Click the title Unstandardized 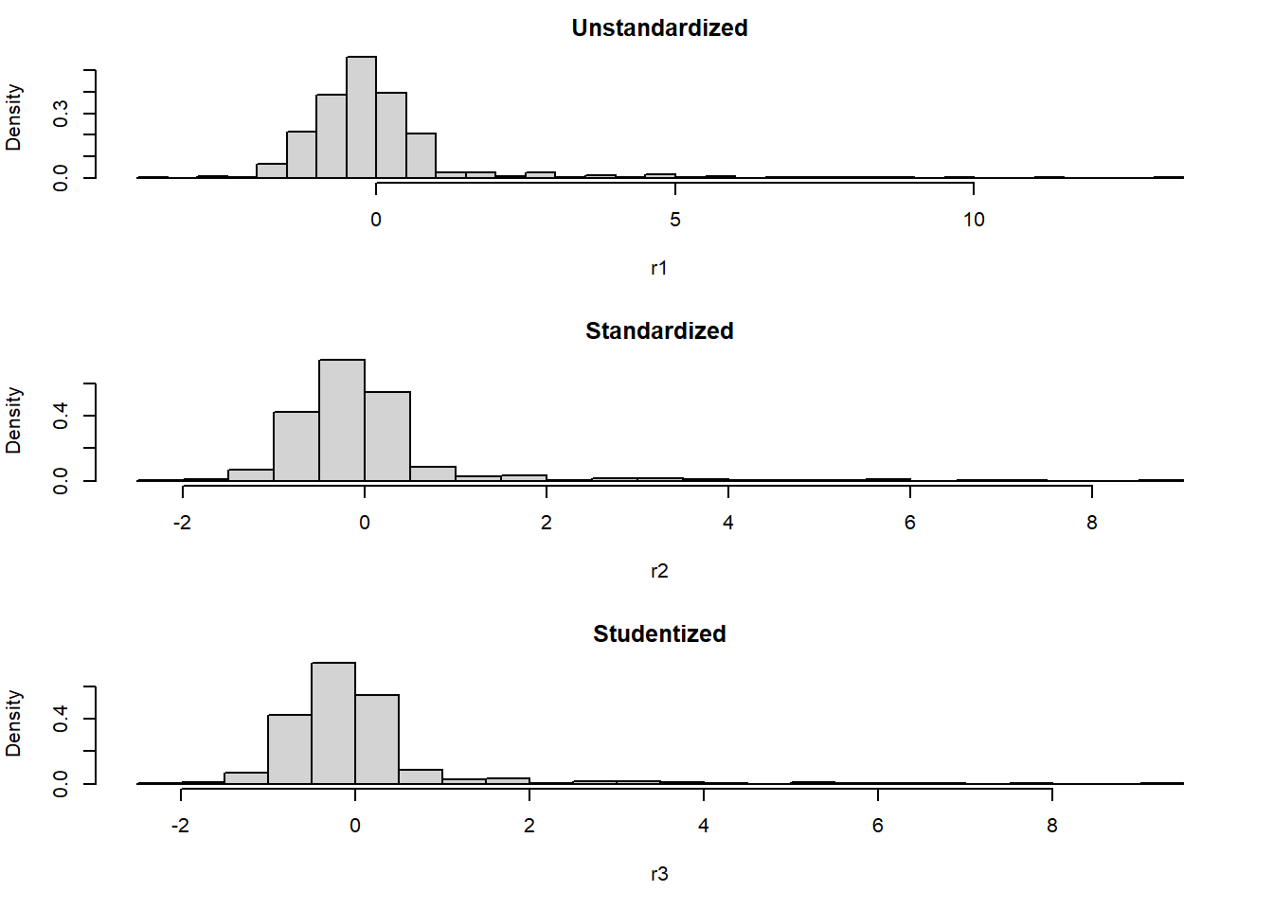[659, 28]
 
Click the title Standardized [659, 331]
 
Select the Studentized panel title [659, 634]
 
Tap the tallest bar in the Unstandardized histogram [361, 118]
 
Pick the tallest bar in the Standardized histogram [342, 421]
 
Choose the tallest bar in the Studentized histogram [333, 724]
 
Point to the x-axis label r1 [659, 268]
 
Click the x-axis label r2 [659, 571]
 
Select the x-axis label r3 [659, 874]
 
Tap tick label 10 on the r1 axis [974, 220]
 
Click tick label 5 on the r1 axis [674, 220]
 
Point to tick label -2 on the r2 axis [182, 523]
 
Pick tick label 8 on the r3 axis [1051, 826]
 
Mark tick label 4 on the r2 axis [727, 523]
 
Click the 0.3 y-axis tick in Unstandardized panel [61, 114]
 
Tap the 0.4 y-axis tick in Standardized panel [61, 416]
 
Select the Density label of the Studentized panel [13, 723]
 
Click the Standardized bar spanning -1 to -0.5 [296, 447]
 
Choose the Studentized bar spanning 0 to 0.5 [377, 740]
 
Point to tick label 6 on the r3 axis [877, 826]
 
